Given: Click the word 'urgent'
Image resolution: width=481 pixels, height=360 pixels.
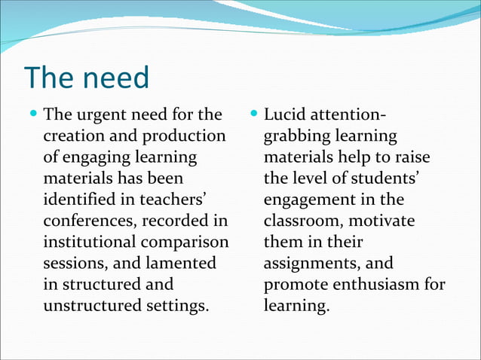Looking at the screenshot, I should click(103, 116).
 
